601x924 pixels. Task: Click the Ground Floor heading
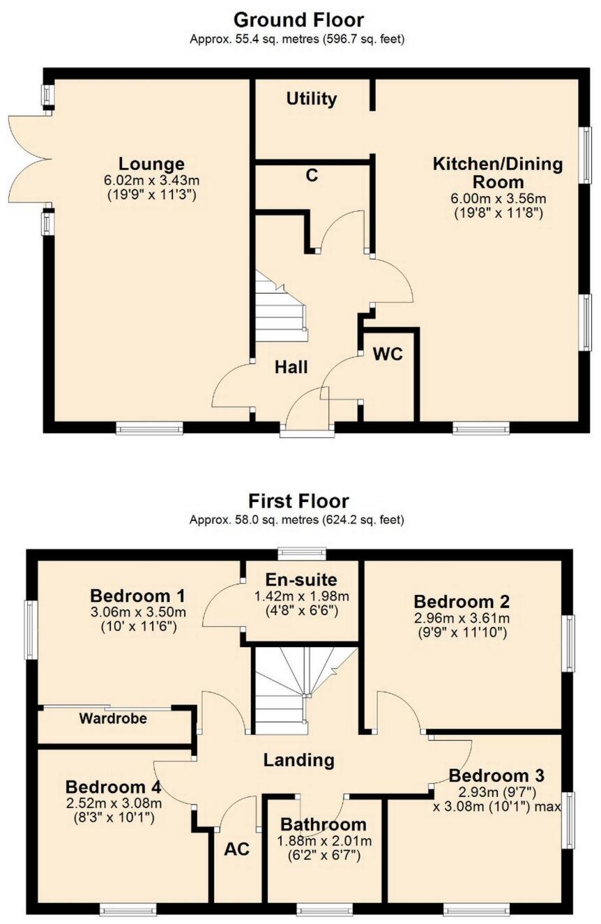298,19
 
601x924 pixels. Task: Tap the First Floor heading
298,501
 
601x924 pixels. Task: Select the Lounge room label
151,164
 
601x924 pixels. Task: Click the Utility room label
312,99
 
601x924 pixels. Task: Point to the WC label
388,354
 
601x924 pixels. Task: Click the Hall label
291,367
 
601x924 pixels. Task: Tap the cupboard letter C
312,175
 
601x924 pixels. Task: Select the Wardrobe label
112,718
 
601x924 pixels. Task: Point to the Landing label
299,759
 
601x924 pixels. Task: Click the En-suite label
301,579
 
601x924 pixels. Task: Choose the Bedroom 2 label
462,601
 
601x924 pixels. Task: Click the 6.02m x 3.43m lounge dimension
151,180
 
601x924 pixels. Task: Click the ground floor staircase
280,308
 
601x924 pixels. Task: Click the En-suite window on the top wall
301,554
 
